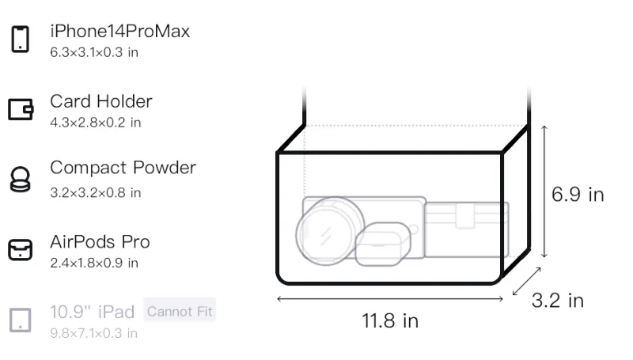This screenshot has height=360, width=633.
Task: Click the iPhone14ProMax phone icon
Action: [21, 39]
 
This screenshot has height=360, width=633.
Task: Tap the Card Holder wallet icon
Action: [21, 109]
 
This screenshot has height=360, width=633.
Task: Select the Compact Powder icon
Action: [21, 179]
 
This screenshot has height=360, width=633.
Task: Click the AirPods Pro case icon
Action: [21, 250]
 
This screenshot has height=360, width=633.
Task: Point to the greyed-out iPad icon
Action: [21, 320]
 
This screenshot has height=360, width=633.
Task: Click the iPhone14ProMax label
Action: [120, 32]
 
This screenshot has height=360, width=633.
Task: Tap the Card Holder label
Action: [101, 101]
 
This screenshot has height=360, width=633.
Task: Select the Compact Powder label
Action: [123, 168]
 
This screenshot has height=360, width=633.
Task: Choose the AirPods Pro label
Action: [100, 242]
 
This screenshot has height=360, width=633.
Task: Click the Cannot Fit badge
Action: [180, 311]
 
